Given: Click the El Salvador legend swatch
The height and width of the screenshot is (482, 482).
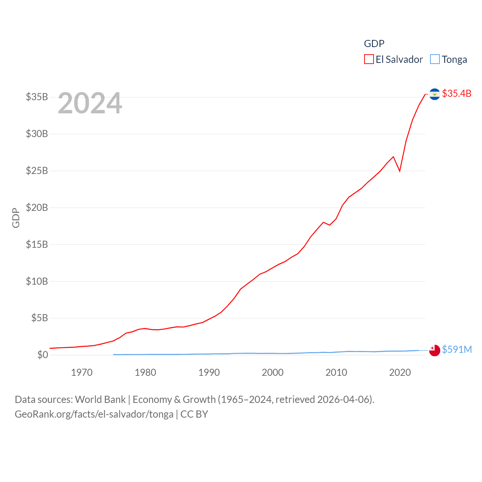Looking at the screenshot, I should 369,59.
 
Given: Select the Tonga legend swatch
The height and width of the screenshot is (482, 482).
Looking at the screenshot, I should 435,59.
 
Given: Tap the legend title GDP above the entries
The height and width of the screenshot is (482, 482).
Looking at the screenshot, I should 374,44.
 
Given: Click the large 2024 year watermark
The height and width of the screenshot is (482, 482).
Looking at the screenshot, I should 90,103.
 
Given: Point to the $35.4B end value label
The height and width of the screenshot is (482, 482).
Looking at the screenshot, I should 456,93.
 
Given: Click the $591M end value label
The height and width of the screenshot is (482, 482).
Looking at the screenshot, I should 457,349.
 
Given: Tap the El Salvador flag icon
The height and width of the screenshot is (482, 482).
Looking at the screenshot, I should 435,94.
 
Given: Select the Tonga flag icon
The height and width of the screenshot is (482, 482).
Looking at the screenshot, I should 435,350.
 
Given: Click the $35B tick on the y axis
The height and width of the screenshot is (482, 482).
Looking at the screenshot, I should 37,97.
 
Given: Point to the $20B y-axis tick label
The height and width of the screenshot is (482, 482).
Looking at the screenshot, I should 37,207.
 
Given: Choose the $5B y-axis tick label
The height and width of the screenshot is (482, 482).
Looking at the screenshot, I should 40,318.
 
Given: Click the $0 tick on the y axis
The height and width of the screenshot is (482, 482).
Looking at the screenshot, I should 43,355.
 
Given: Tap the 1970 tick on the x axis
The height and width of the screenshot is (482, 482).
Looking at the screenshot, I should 82,372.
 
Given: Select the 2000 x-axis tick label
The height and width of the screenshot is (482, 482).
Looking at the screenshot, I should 273,372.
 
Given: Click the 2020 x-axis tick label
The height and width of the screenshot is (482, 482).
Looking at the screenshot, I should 400,372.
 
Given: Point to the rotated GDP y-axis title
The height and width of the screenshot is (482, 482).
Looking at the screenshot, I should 16,218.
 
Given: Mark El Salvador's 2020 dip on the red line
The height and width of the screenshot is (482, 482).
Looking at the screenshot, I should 400,171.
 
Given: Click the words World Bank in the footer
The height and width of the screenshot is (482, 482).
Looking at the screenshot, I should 100,399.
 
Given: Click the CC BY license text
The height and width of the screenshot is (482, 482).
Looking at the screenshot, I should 194,414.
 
